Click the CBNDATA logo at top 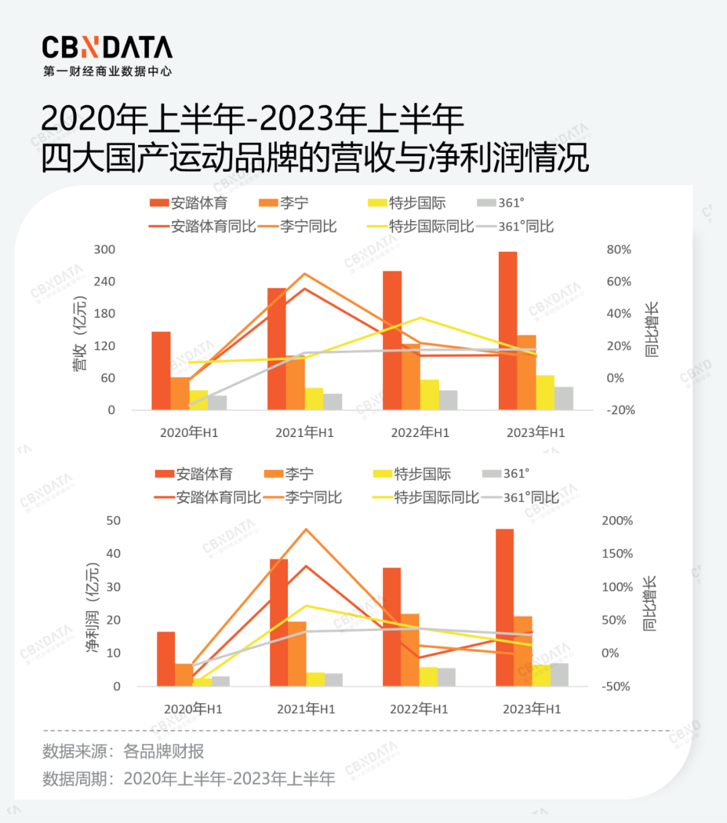107,48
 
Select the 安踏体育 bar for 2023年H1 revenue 508,330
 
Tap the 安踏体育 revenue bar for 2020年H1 161,370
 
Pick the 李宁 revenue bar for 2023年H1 526,372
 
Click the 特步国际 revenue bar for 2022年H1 429,395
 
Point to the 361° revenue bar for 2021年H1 333,401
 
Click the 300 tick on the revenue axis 104,250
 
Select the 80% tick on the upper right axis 619,250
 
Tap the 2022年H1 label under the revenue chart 420,433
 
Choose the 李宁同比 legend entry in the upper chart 298,226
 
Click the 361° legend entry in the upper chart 501,203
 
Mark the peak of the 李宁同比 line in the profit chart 306,529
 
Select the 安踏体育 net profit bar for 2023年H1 505,607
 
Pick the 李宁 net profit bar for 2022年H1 410,650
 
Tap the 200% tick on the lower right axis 617,521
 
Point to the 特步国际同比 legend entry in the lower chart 426,498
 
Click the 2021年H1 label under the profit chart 306,709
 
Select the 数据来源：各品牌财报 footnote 123,752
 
